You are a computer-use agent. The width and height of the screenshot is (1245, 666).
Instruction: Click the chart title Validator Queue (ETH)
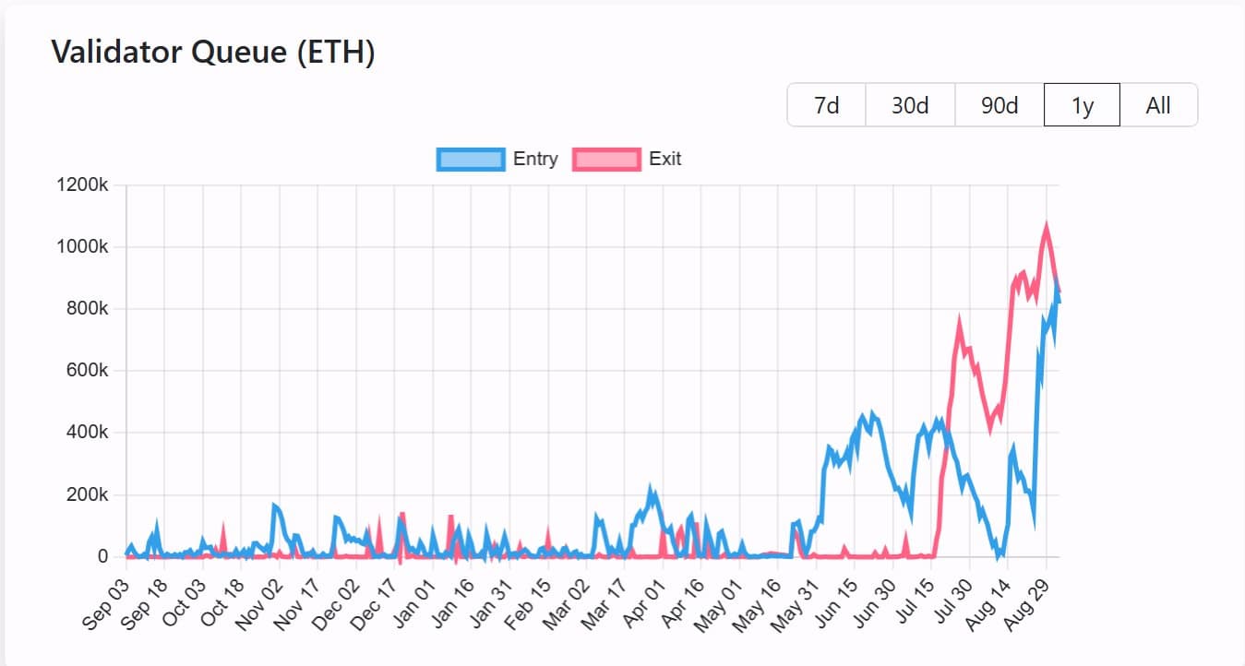tap(213, 53)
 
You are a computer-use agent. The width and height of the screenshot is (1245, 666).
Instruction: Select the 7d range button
tap(826, 105)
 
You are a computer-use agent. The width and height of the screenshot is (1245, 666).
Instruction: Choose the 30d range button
tap(910, 105)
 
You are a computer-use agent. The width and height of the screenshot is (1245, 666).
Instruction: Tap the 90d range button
tap(1000, 105)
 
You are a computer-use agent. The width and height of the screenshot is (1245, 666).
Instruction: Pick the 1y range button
tap(1082, 105)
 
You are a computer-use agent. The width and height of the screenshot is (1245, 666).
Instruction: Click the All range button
tap(1158, 105)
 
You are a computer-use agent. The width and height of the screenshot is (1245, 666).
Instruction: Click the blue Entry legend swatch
tap(471, 160)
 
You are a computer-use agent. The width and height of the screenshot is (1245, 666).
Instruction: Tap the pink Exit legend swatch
tap(606, 160)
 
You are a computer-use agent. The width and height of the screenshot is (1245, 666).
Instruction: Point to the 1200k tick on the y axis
tap(83, 185)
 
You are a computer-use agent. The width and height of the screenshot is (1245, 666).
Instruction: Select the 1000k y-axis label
tap(83, 247)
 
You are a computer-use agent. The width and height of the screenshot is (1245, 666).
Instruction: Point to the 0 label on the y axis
tap(102, 557)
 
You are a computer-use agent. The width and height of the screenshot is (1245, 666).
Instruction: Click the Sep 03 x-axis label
tap(105, 604)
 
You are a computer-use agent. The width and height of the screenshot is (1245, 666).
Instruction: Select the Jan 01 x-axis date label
tap(413, 604)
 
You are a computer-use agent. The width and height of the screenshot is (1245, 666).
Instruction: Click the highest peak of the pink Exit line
tap(1046, 225)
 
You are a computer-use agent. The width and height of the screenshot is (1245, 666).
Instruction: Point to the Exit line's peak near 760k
tap(959, 320)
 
